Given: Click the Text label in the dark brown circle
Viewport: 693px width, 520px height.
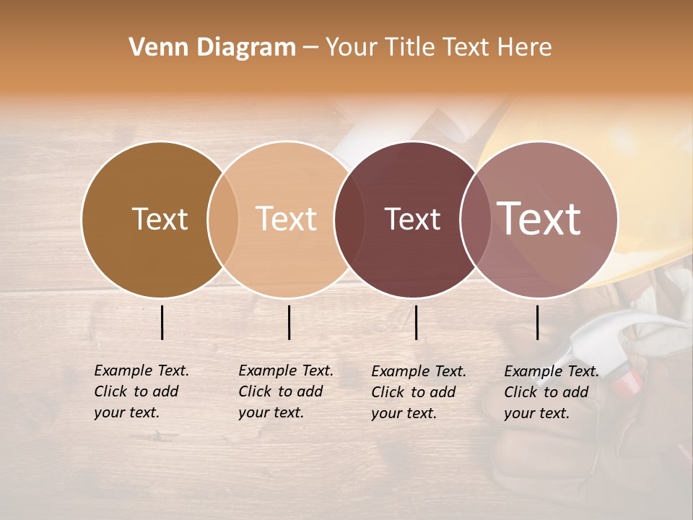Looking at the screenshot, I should click(160, 219).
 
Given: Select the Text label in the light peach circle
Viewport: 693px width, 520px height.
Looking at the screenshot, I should click(287, 219).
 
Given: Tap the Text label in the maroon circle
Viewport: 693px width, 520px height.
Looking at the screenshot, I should click(412, 220).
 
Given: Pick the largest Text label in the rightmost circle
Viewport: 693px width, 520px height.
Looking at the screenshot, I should click(539, 218).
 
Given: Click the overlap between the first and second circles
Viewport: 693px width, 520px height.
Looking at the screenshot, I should click(223, 220).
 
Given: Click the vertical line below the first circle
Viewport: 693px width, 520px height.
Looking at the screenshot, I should click(162, 322).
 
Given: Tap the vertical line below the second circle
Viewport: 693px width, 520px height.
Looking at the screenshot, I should click(289, 322).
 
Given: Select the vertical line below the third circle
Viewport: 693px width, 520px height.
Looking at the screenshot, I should click(417, 322).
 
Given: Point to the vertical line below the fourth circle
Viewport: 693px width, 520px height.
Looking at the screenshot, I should click(538, 322).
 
